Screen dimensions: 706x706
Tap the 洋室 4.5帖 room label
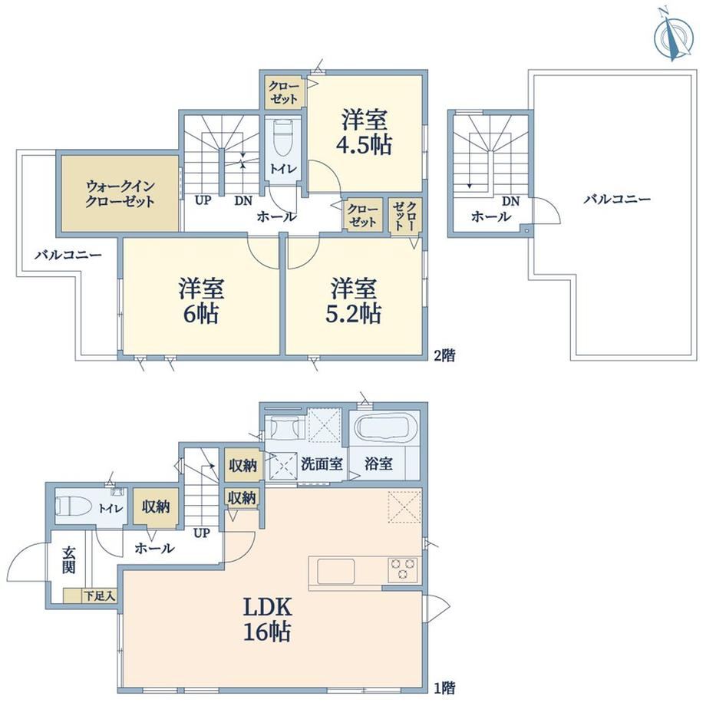coord(365,132)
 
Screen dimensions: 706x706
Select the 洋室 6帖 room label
coord(201,301)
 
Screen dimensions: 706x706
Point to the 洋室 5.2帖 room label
coord(354,301)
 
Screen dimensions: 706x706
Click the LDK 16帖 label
coord(268,619)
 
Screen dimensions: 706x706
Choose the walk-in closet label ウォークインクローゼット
coord(120,193)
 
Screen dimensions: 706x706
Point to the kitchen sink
coord(335,572)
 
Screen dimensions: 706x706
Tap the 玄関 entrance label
coord(69,560)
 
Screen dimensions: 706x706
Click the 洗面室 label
coord(322,464)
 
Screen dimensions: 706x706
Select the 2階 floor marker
coord(444,356)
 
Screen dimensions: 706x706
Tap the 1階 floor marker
coord(444,688)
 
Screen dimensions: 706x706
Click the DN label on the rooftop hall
coord(510,201)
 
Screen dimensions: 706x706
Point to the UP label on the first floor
coord(202,533)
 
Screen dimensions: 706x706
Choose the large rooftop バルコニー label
coord(617,199)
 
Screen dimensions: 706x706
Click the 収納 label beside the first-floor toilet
coord(156,506)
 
